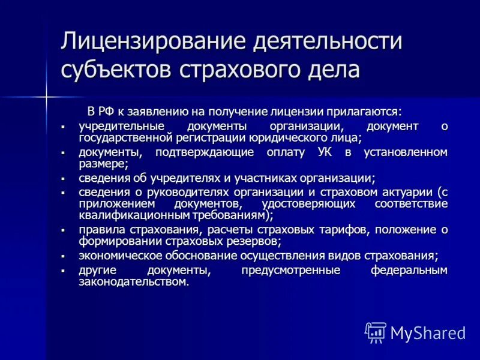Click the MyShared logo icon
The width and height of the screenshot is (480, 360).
coord(376,332)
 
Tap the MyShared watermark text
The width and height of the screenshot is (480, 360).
coord(428,332)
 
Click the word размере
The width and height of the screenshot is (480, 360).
coord(103,163)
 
